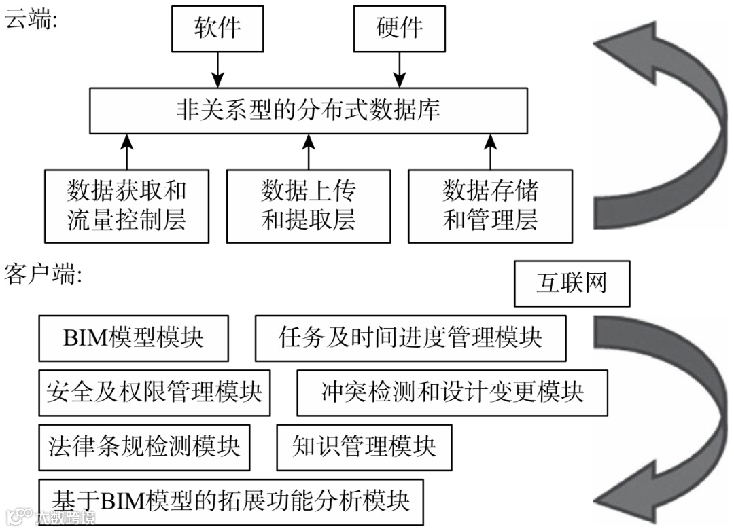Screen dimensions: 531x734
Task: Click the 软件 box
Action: (x=217, y=29)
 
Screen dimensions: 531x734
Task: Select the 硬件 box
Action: (x=400, y=29)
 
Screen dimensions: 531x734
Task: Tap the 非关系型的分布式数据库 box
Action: (x=309, y=109)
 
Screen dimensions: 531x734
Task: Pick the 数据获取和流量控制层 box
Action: (x=126, y=206)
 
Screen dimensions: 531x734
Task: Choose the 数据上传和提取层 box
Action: (x=309, y=206)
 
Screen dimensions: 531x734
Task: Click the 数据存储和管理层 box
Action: (x=490, y=206)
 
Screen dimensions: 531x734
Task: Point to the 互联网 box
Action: (x=572, y=283)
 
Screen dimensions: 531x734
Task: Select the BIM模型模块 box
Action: (x=133, y=337)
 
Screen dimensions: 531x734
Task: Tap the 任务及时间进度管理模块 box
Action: (x=410, y=337)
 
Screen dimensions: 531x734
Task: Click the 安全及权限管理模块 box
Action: (x=154, y=392)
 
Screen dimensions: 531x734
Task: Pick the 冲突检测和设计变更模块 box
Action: (x=453, y=392)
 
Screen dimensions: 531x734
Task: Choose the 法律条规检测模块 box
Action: (x=144, y=447)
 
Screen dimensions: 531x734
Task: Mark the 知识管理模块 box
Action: (x=364, y=447)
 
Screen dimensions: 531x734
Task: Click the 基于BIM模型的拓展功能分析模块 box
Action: (x=231, y=501)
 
